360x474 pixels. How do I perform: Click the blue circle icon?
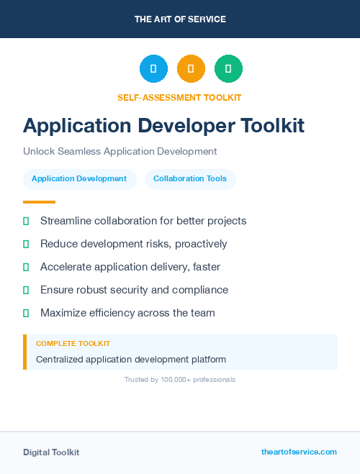(x=153, y=69)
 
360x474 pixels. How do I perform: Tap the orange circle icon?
(x=191, y=69)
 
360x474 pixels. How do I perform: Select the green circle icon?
(x=228, y=69)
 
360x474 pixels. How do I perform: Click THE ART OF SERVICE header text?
(x=180, y=19)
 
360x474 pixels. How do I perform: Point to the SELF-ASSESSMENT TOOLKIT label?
(x=179, y=97)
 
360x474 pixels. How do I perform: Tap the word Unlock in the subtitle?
(x=38, y=152)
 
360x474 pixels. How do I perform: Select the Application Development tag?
(x=79, y=178)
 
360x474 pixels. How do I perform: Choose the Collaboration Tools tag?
(x=190, y=178)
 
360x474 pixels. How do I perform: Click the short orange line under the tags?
(x=39, y=202)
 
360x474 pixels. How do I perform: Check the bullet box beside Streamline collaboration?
(x=26, y=221)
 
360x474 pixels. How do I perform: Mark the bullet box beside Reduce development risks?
(x=26, y=244)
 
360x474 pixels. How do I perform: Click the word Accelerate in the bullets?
(x=66, y=267)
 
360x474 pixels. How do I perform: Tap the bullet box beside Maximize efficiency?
(x=26, y=313)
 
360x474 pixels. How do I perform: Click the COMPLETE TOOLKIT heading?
(x=73, y=344)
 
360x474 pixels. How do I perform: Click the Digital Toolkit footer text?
(x=51, y=452)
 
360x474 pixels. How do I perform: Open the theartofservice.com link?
(x=299, y=452)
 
